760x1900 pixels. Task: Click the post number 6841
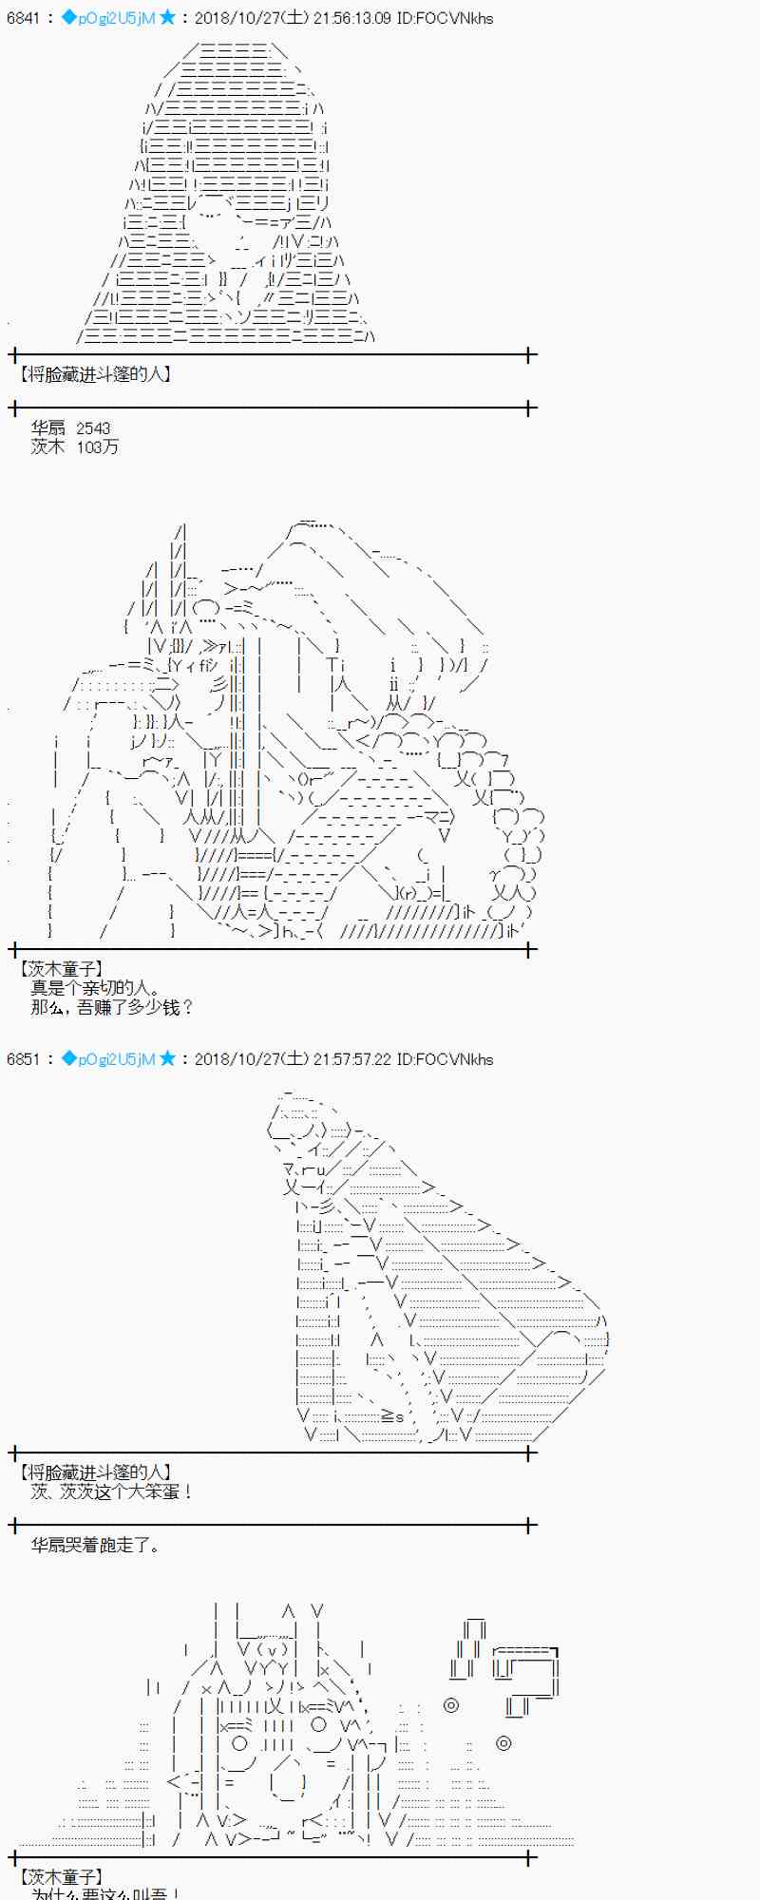click(x=23, y=18)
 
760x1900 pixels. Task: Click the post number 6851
click(x=23, y=1059)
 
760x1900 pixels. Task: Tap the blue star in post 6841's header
click(x=167, y=18)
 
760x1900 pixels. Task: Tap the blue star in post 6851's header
click(x=167, y=1059)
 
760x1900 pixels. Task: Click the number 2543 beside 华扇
click(x=93, y=429)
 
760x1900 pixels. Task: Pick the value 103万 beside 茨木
click(x=98, y=447)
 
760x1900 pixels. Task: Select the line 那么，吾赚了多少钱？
click(x=112, y=1007)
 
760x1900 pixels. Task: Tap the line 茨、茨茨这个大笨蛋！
click(x=112, y=1491)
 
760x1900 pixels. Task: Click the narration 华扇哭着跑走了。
click(x=95, y=1546)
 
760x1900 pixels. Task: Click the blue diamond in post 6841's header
click(x=67, y=18)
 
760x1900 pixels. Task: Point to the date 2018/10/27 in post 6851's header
click(x=234, y=1059)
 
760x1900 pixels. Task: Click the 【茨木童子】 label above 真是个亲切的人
click(x=60, y=969)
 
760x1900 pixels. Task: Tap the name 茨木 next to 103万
click(x=47, y=447)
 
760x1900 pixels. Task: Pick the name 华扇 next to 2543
click(x=47, y=429)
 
